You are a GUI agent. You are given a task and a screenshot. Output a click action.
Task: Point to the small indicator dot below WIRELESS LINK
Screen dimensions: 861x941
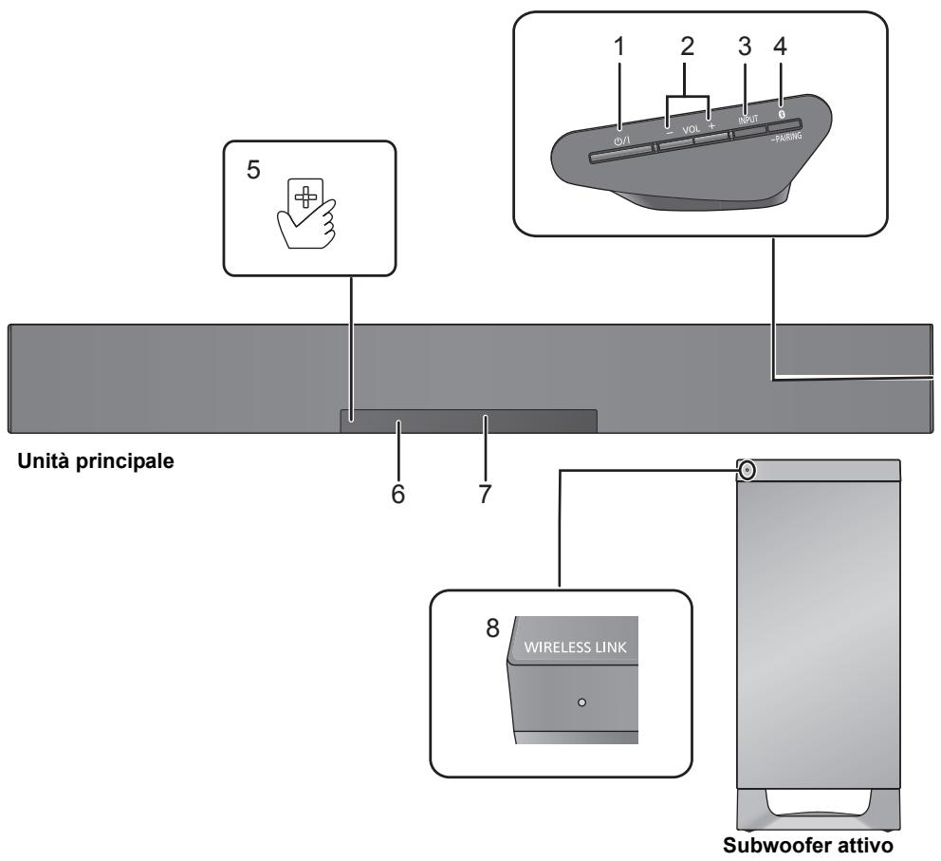[x=581, y=703]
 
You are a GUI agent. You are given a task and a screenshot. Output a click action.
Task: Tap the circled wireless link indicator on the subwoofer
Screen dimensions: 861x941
[x=747, y=469]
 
